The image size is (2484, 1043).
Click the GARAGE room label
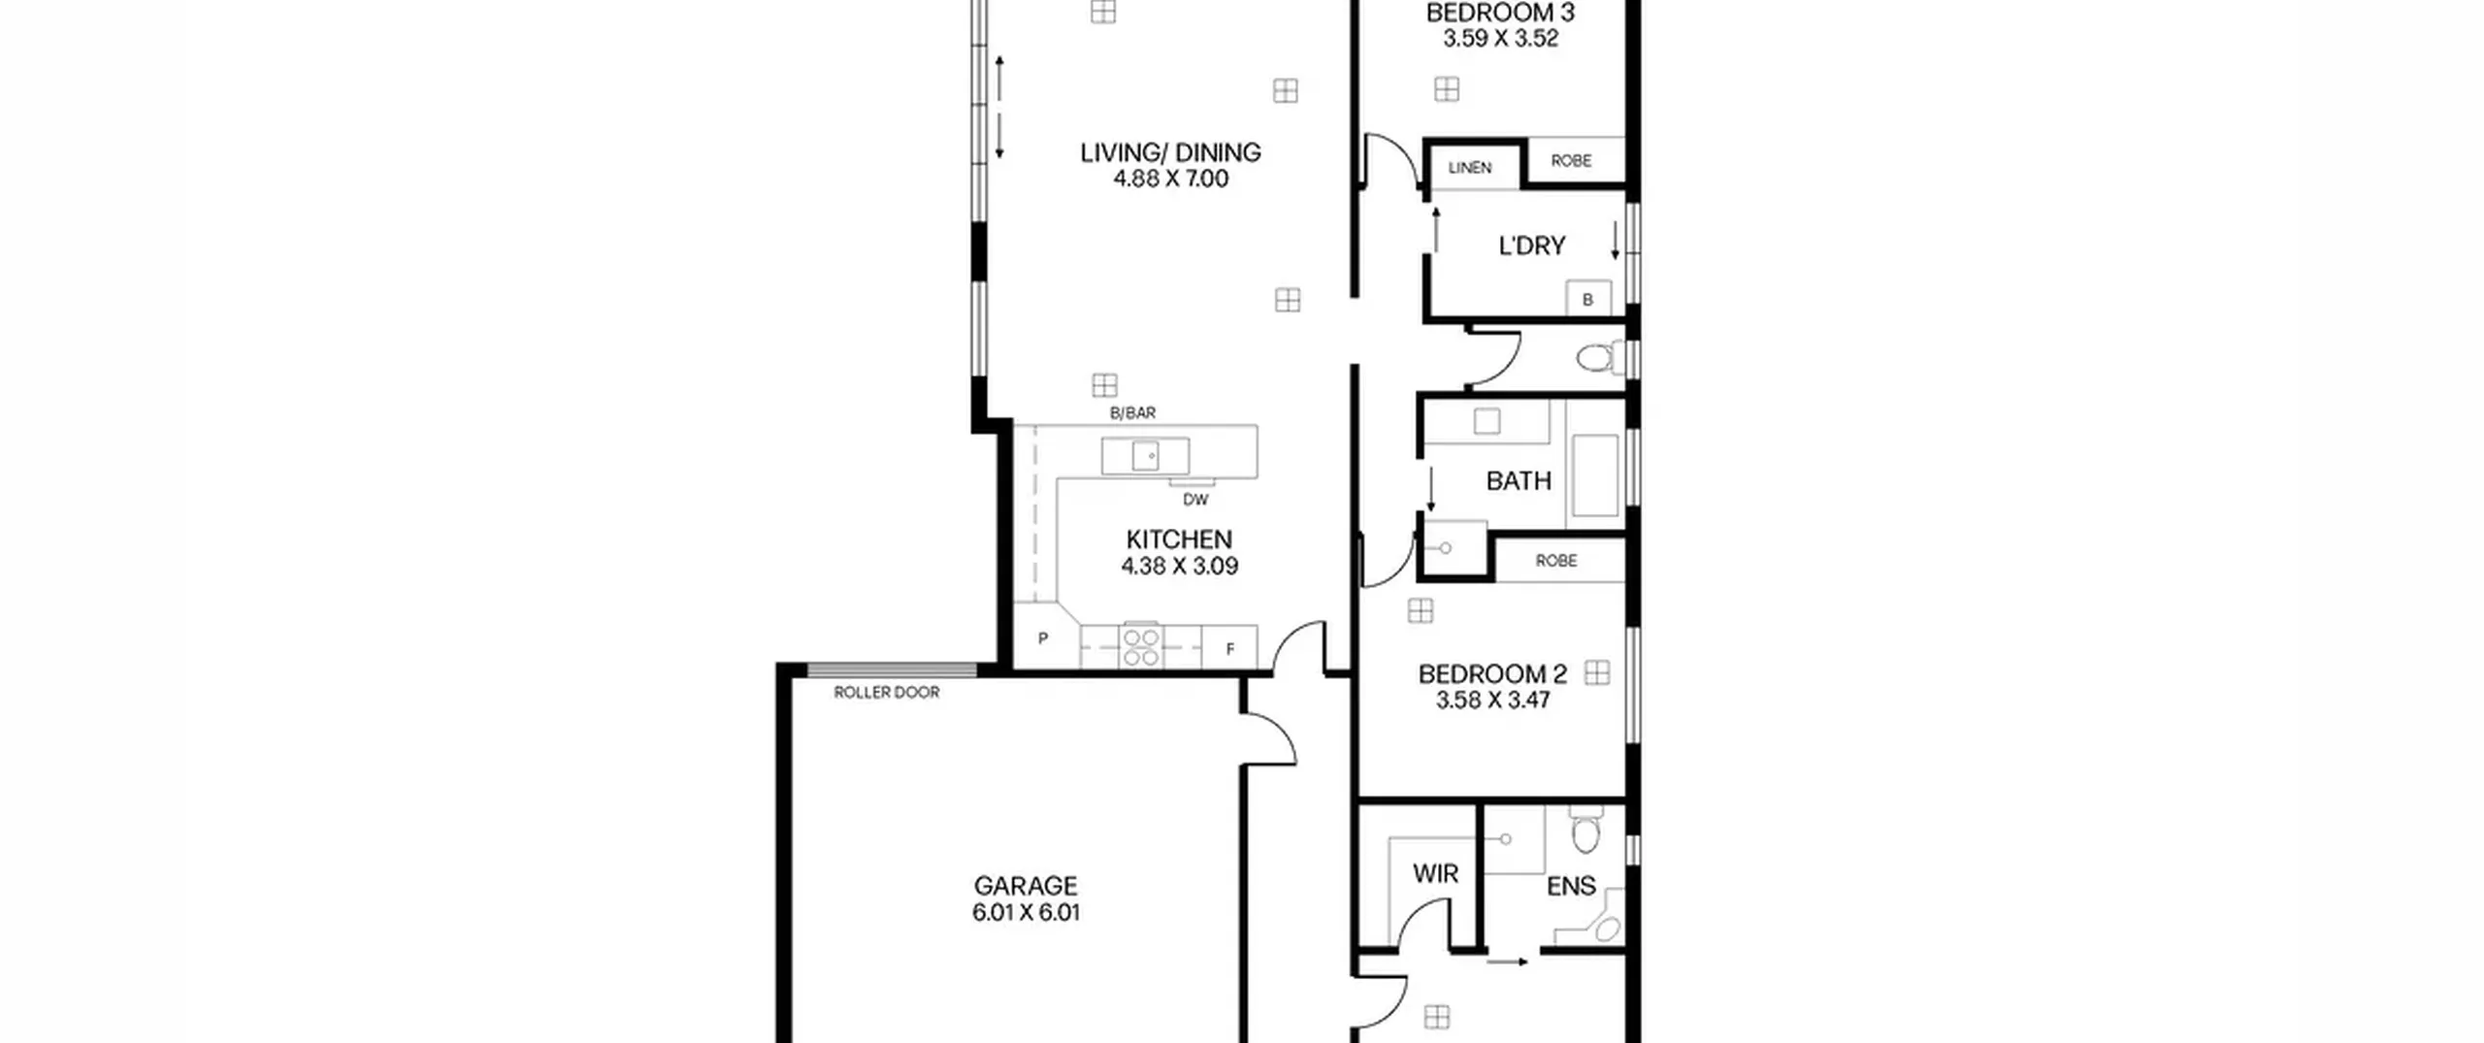[1026, 886]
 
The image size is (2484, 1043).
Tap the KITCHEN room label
[1179, 539]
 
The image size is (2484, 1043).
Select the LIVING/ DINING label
[1170, 152]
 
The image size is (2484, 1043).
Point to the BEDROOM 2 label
[1492, 674]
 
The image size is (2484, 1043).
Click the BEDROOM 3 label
[1500, 13]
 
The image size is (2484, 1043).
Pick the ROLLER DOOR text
[887, 693]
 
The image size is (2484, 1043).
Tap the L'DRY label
[1532, 246]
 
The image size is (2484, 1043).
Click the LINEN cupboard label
[1470, 168]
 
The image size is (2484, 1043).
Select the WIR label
[1435, 874]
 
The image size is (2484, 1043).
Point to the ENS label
[1571, 886]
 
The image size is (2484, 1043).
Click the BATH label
[1519, 481]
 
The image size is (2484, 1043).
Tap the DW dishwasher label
[1195, 500]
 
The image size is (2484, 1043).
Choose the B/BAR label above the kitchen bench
[1132, 413]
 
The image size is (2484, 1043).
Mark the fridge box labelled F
[1229, 647]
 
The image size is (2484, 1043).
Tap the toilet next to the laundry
[1600, 358]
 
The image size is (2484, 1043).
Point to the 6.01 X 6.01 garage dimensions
[1026, 912]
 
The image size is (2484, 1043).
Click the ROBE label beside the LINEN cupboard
[1571, 160]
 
